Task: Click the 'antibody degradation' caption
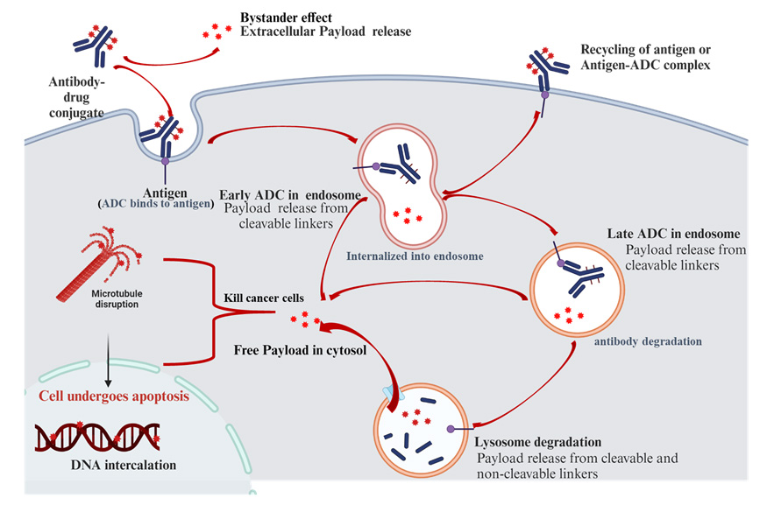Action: coord(646,340)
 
